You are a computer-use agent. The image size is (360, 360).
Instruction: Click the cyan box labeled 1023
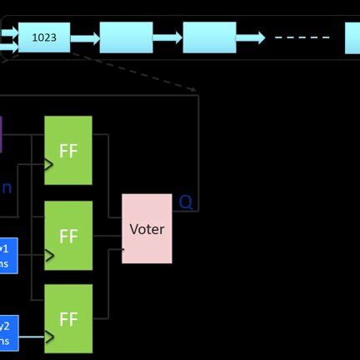pos(44,37)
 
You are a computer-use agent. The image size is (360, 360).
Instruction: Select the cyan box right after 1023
pos(126,37)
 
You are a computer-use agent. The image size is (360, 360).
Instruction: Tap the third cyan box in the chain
pos(209,37)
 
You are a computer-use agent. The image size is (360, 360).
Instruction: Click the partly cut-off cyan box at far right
pos(352,37)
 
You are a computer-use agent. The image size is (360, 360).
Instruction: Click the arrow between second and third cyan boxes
pos(167,37)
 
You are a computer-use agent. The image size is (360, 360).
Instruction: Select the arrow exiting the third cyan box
pos(251,37)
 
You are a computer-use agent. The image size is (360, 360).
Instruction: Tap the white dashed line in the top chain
pos(302,37)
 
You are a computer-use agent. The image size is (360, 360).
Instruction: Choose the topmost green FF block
pos(68,150)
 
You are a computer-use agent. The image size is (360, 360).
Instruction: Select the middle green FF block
pos(68,236)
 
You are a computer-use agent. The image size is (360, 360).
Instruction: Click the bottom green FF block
pos(68,318)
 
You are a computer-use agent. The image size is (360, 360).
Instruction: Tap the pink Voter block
pos(147,228)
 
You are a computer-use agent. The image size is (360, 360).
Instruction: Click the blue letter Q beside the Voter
pos(186,202)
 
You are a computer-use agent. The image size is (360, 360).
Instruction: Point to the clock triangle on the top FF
pos(48,165)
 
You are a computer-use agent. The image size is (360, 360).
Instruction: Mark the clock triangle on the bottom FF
pos(48,337)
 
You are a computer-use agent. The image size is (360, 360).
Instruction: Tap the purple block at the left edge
pos(1,134)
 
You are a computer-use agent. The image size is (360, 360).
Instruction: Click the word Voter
pos(147,228)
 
